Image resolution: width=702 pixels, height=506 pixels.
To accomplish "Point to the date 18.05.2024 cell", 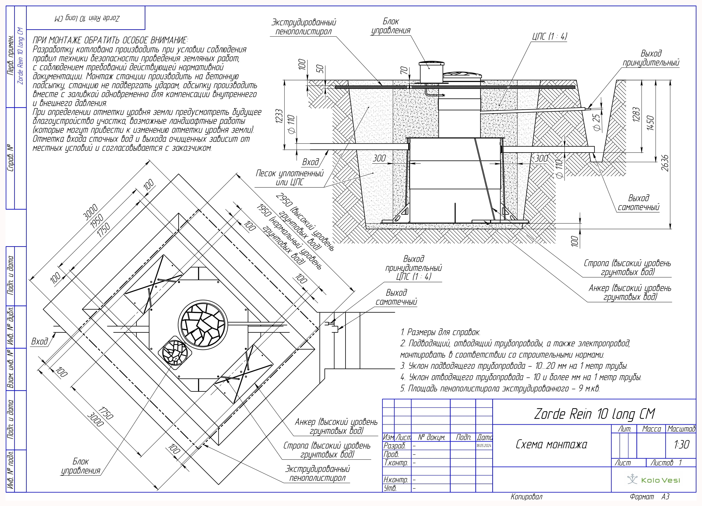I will (484, 446).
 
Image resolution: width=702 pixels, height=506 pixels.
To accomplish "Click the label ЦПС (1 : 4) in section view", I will (550, 37).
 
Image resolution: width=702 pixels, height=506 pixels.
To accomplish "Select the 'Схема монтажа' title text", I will (551, 444).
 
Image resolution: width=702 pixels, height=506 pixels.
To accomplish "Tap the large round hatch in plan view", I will (203, 324).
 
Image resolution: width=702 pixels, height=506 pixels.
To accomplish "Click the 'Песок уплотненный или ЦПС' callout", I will (289, 178).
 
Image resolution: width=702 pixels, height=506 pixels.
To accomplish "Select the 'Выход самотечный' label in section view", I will (638, 203).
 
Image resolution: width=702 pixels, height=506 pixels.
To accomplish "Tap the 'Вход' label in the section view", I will (311, 162).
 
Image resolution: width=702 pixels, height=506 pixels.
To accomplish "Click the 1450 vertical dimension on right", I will (650, 123).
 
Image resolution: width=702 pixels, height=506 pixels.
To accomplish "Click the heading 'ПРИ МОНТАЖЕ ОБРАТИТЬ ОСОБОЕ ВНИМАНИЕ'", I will (110, 40).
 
